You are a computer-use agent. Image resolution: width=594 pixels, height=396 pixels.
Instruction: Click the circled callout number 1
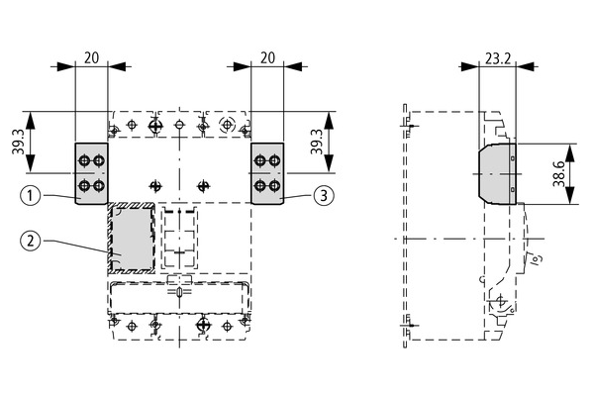coord(31,196)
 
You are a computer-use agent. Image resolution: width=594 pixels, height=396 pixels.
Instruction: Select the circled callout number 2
coord(31,241)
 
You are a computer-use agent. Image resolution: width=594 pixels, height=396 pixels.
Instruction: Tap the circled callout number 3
coord(324,196)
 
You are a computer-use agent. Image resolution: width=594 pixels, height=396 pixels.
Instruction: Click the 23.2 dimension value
coord(498,58)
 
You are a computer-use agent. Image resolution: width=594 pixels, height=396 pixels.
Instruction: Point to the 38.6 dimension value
coord(559,173)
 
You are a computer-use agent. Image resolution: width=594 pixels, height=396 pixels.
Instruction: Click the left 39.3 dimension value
coord(18,142)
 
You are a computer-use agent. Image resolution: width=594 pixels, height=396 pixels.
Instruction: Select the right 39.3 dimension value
coord(317,142)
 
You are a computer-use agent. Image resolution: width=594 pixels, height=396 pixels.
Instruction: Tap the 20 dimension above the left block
coord(91,58)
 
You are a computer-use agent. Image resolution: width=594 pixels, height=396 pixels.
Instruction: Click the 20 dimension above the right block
coord(267,58)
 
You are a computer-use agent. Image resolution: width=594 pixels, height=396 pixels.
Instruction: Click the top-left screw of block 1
coord(84,161)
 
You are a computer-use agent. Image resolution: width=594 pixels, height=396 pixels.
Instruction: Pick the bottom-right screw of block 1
coord(98,186)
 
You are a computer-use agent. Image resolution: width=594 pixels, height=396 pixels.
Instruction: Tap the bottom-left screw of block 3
coord(260,186)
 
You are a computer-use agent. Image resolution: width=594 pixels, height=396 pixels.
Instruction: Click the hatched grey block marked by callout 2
coord(132,239)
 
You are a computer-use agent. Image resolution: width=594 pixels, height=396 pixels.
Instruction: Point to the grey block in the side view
coord(497,174)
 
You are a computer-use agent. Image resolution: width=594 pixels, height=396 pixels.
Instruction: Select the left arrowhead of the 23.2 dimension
coord(469,66)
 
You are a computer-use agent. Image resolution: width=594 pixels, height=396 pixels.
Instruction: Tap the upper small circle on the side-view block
coord(513,158)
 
